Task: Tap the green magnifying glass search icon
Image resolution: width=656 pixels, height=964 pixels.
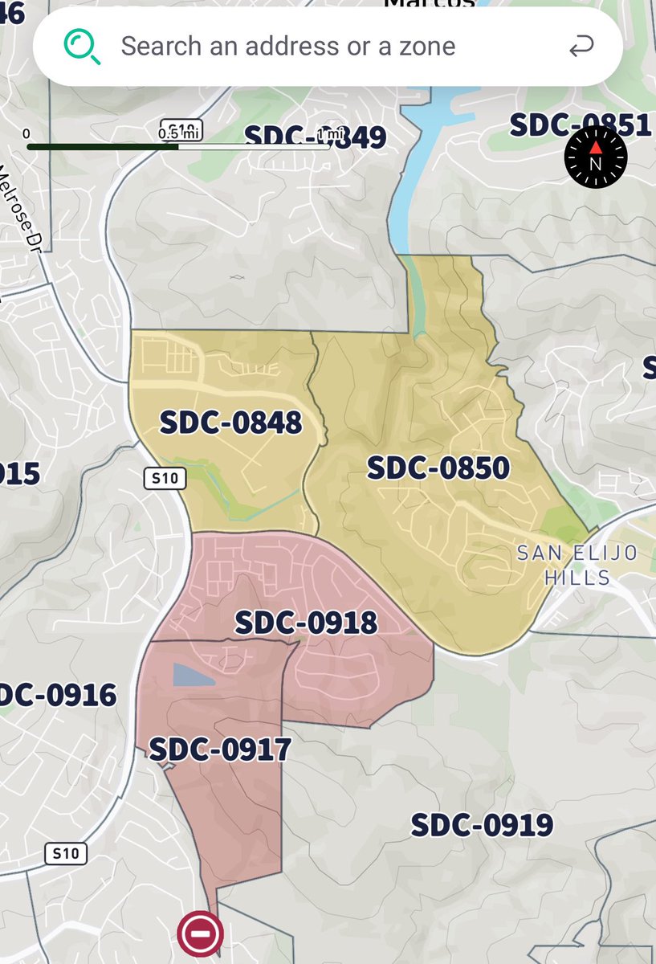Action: (82, 47)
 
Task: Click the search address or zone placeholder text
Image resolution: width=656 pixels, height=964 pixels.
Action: (287, 46)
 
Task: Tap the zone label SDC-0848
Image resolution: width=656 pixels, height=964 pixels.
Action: (230, 422)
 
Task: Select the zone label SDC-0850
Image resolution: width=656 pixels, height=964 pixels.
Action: (438, 468)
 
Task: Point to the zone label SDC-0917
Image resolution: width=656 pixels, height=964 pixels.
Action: (220, 750)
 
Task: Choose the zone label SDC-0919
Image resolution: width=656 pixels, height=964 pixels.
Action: (482, 824)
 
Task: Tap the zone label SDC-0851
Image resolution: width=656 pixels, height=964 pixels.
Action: (580, 125)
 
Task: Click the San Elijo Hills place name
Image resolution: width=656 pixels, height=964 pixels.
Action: (577, 565)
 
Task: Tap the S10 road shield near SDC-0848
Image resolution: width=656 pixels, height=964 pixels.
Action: (165, 479)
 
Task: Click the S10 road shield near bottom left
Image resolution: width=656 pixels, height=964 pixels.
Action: (65, 852)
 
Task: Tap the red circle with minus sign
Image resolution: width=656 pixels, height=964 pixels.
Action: (200, 934)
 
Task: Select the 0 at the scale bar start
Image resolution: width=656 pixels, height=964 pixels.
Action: (26, 133)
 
